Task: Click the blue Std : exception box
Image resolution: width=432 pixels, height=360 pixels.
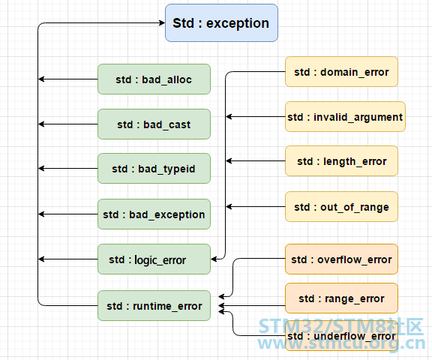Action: pos(221,22)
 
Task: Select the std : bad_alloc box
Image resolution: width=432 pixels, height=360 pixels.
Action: pos(154,79)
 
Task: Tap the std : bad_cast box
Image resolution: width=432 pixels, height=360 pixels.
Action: pos(154,124)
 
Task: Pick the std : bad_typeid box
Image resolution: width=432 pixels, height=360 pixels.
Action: pos(154,169)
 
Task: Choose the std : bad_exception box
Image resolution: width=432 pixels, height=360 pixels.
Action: pos(154,214)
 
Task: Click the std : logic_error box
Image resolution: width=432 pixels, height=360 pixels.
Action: pos(154,259)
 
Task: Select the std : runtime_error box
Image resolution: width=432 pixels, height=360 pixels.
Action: pos(154,306)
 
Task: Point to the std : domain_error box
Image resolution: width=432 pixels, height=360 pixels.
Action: pos(342,72)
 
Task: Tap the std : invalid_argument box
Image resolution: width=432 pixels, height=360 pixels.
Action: pos(345,117)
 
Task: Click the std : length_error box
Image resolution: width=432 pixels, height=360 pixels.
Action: pos(342,161)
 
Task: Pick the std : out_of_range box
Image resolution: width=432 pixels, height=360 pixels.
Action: pos(342,207)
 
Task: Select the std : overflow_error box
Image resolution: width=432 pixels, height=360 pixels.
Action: pos(342,259)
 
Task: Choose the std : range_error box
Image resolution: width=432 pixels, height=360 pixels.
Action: pos(342,298)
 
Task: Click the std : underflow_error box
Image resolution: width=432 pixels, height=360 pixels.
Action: pos(342,336)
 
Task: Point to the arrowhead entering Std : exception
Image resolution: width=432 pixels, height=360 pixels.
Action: pos(162,22)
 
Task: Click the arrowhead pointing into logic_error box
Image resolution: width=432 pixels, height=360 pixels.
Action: pos(214,259)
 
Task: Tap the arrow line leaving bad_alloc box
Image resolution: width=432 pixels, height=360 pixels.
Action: pos(68,79)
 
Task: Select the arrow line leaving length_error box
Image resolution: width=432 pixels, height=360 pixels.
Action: pos(256,160)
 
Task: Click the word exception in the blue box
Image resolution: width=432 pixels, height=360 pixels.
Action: pos(238,23)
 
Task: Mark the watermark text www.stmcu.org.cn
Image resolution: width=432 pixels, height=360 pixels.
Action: pos(342,343)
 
